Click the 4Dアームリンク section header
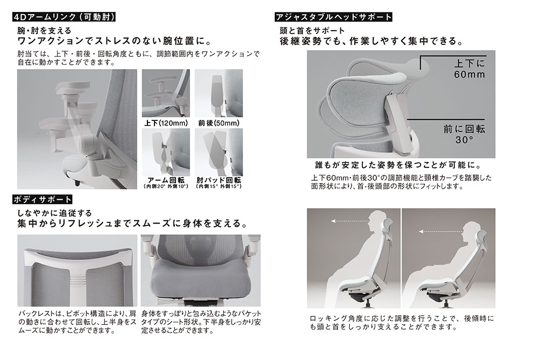coord(64,17)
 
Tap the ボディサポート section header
coord(42,199)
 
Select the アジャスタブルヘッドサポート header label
coord(333,17)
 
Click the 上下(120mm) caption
coord(166,123)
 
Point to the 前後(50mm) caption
coord(219,123)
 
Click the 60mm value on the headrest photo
coord(469,74)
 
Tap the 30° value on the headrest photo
coord(464,140)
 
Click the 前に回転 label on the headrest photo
coord(464,129)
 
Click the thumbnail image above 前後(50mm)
coord(219,93)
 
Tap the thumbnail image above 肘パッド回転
coord(219,152)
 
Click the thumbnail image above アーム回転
coord(166,152)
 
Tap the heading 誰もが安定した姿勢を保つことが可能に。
coord(399,165)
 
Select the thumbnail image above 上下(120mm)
coord(166,93)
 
